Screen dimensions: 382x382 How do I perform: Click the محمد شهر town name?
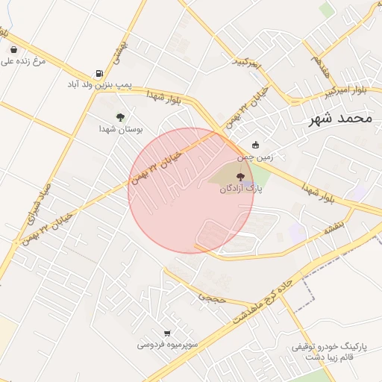343,119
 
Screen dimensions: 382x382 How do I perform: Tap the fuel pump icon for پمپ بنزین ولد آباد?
98,73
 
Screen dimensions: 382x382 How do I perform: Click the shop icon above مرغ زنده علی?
14,49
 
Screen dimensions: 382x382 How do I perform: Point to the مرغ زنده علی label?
23,60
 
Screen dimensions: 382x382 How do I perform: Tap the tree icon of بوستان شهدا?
120,116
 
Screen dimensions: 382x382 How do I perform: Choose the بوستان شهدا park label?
120,128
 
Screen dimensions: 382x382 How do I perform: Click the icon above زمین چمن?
256,145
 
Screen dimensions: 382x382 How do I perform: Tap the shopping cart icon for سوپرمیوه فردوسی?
167,333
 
